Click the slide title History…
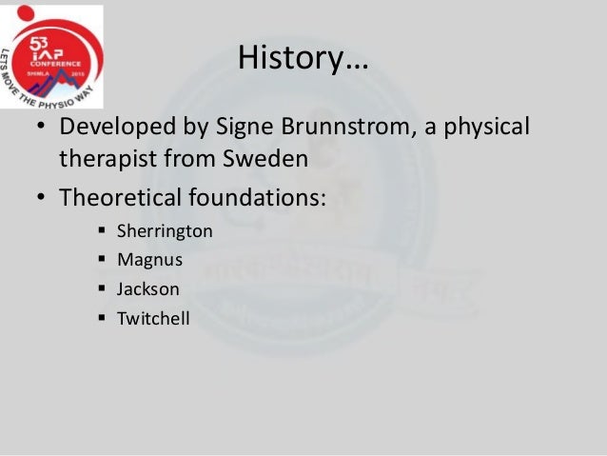(x=303, y=59)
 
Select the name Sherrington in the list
(x=165, y=231)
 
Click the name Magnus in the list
(x=149, y=260)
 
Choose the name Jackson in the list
(x=147, y=289)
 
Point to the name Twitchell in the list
(x=153, y=318)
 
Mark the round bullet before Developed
(x=43, y=128)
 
